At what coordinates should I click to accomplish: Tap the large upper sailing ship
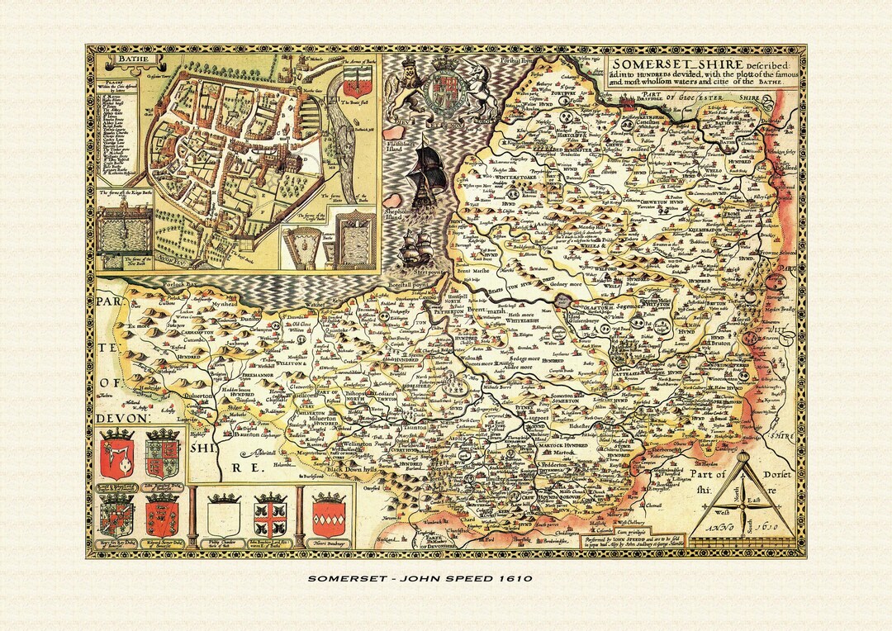[x=428, y=169]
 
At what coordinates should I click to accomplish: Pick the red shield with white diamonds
[x=329, y=515]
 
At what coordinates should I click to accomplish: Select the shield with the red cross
[x=270, y=515]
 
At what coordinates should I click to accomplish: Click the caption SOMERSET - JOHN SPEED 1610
[x=445, y=578]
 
